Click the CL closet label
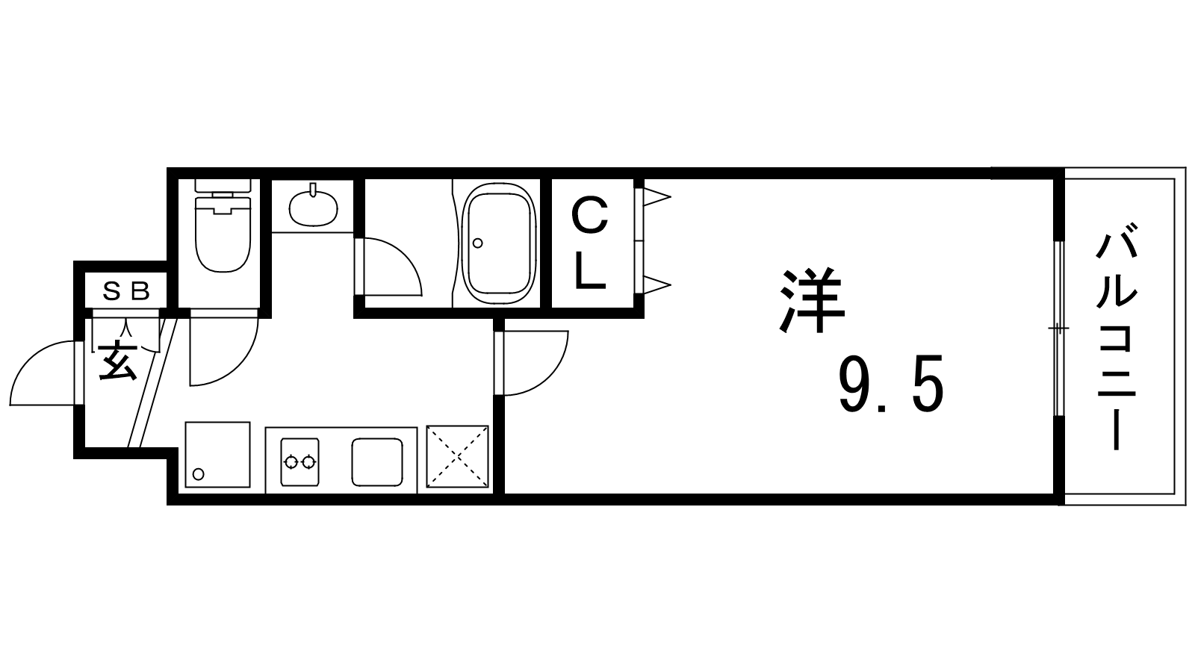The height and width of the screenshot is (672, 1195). click(x=590, y=243)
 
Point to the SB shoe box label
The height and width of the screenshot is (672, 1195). click(x=126, y=292)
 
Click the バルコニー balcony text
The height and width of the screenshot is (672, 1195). click(x=1116, y=343)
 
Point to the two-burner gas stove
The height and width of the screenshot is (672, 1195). click(x=299, y=462)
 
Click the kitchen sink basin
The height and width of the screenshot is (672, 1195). click(x=377, y=462)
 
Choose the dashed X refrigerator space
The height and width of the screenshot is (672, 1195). click(x=457, y=456)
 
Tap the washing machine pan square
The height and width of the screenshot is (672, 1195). click(x=217, y=455)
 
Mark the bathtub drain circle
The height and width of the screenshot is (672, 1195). click(x=477, y=243)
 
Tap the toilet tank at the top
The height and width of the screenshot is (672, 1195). click(x=223, y=186)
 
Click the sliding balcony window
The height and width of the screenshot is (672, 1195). click(x=1059, y=329)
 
